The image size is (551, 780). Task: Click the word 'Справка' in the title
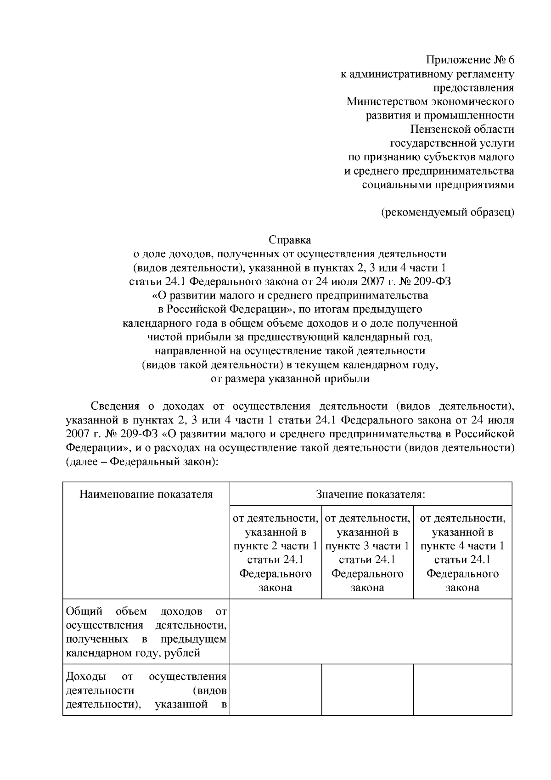coord(290,240)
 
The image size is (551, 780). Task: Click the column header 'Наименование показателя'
coord(146,494)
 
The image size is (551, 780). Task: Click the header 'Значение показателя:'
coord(371,494)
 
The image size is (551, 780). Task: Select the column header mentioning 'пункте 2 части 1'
coord(275,553)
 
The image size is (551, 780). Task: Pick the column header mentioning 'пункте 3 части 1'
coord(367,553)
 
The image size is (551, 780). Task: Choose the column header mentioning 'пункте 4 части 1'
coord(462,553)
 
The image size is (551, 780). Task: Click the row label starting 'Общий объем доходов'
coord(146,632)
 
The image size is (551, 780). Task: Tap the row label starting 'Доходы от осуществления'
coord(146,690)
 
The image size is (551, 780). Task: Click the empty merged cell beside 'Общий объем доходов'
coord(371,632)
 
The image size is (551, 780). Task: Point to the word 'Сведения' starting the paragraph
coord(115,406)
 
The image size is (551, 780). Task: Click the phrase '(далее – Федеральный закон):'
coord(141,462)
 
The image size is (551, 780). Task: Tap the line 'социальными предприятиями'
coord(438,185)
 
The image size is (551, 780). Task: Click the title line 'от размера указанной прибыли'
coord(290,379)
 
